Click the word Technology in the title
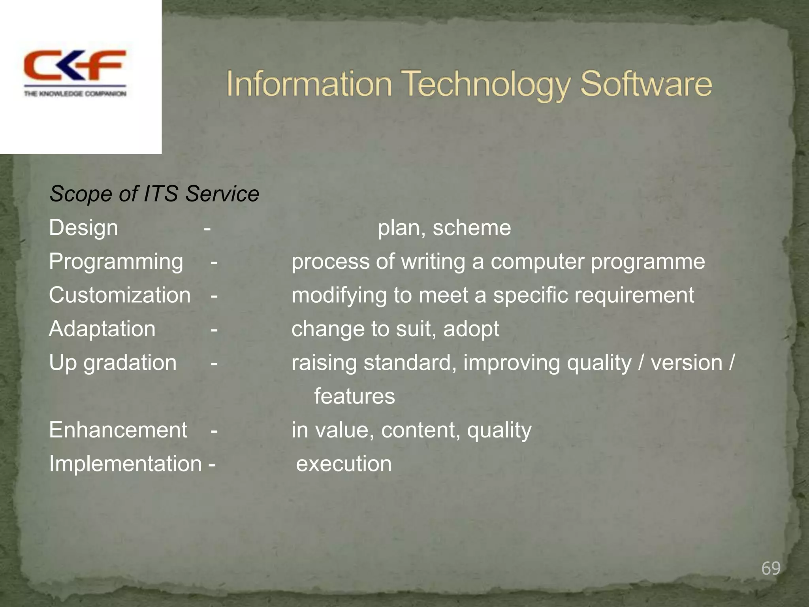(487, 84)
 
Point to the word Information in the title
(309, 84)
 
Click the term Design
(83, 228)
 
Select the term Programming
(116, 262)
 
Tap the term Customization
(120, 295)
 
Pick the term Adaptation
(102, 329)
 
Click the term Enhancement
(118, 430)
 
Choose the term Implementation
(125, 464)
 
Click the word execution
(344, 464)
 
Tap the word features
(354, 396)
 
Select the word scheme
(472, 228)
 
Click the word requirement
(634, 296)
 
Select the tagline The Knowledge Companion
(75, 94)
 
